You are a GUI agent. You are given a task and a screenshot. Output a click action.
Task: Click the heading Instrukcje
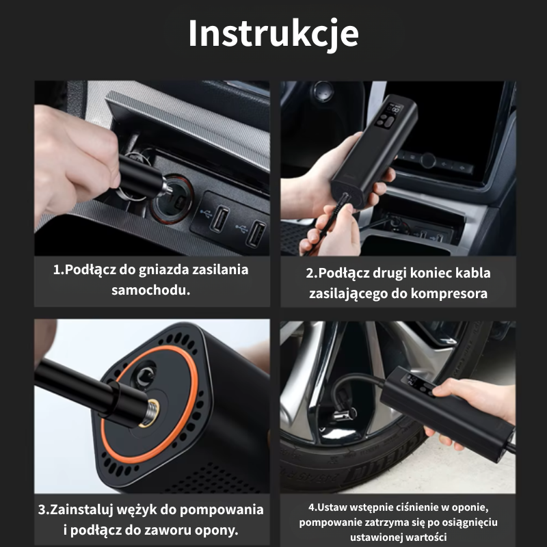(273, 34)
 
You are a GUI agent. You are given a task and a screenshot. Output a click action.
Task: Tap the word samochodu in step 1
(150, 289)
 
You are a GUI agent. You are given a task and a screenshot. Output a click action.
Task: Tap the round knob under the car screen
(429, 161)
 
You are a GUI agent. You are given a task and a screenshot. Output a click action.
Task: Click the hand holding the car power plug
(72, 158)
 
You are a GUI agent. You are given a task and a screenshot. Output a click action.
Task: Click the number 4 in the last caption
(311, 507)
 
